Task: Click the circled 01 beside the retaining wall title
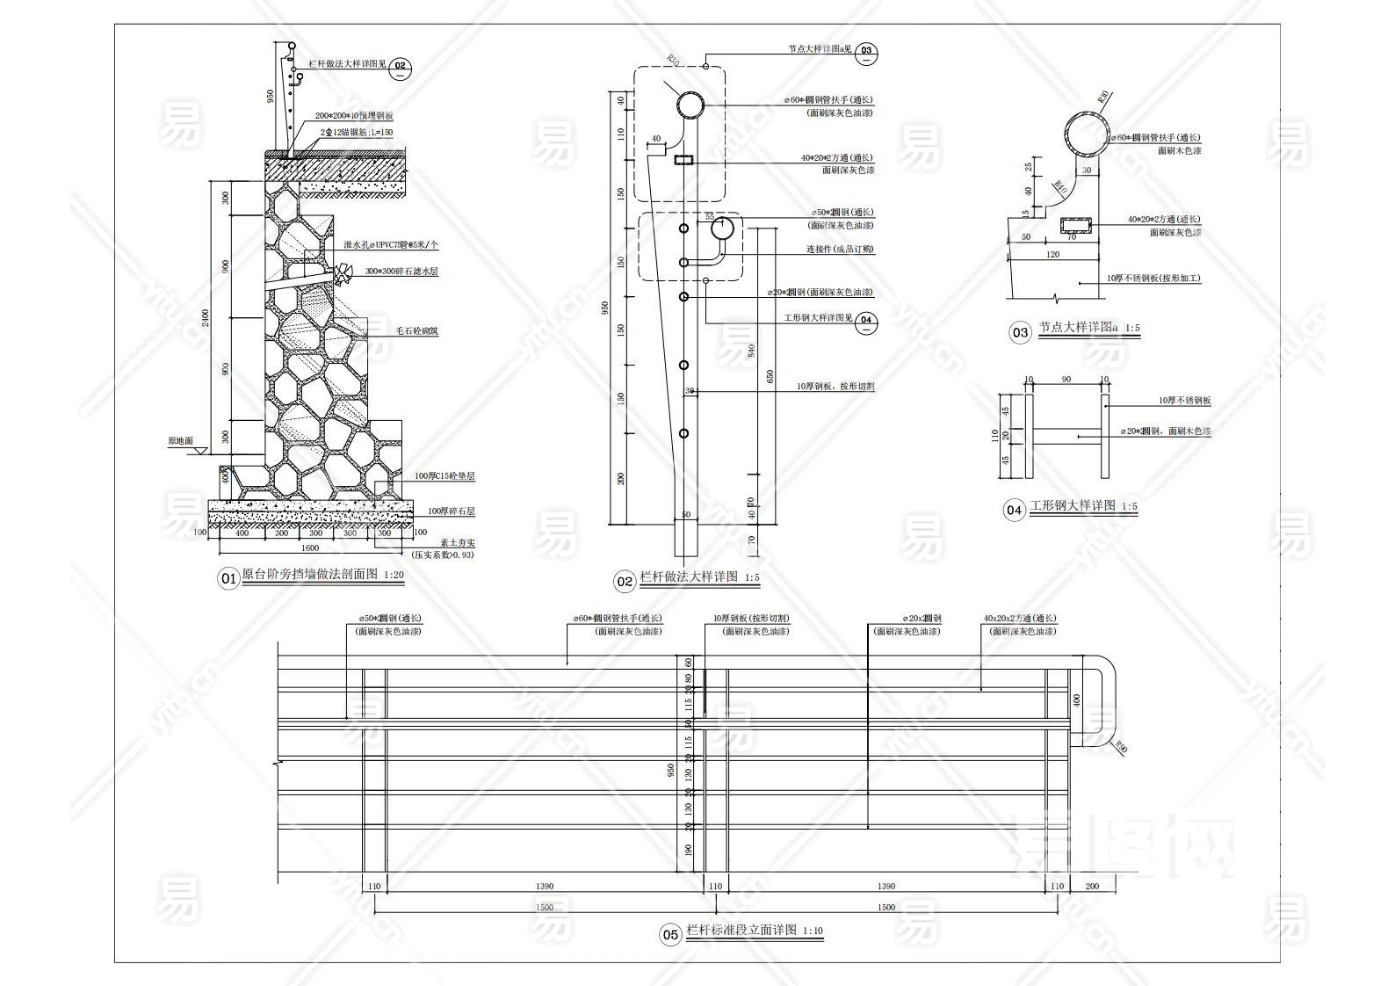[228, 578]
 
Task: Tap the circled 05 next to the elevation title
[670, 934]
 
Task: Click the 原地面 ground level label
[180, 441]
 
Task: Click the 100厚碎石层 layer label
[451, 511]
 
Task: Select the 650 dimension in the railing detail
[770, 376]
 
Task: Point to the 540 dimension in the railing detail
[750, 352]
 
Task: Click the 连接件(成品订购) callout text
[840, 250]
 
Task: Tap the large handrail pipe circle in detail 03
[1087, 134]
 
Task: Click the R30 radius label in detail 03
[1103, 96]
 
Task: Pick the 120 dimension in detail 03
[1052, 255]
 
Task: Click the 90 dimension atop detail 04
[1066, 380]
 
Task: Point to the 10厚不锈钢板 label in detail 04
[1184, 401]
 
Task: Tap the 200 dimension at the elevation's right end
[1092, 887]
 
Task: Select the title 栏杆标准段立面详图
[741, 930]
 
